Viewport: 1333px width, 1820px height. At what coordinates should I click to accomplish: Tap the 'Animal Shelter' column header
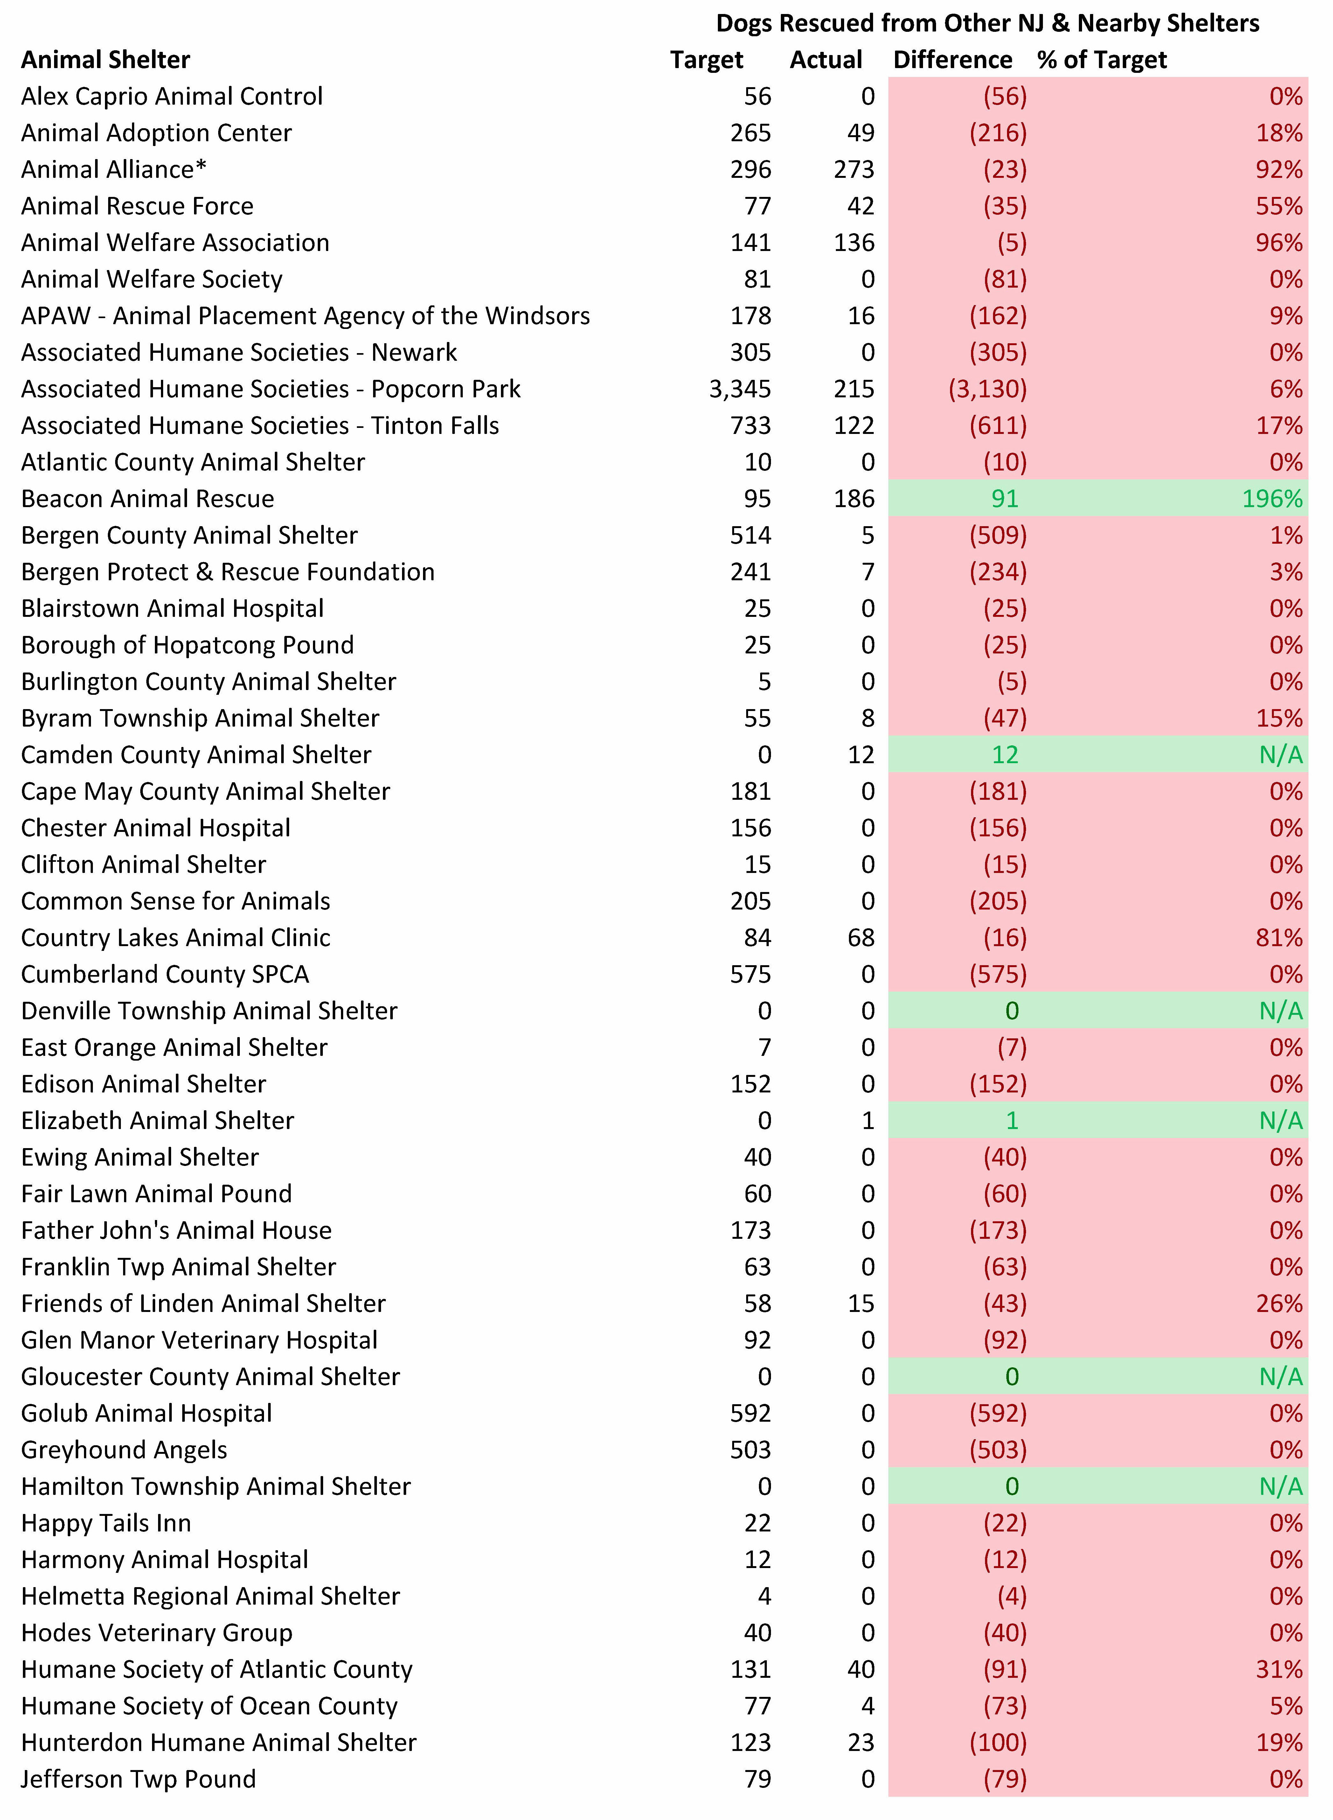[106, 60]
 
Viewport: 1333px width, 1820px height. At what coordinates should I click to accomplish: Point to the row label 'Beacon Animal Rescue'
[148, 499]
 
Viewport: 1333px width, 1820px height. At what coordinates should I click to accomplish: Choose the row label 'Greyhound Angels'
[124, 1450]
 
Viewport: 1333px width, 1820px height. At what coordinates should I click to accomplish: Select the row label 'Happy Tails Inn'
[107, 1523]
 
